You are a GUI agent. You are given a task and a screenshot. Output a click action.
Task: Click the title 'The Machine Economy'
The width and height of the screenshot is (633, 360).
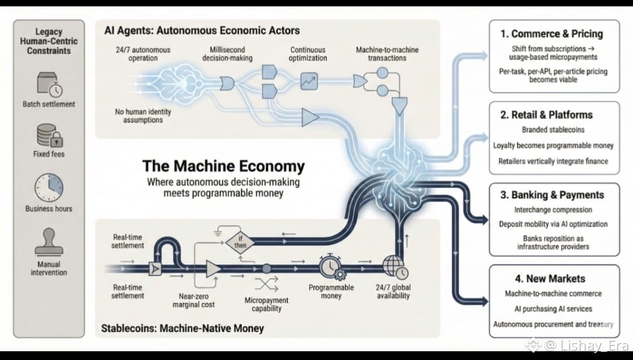223,166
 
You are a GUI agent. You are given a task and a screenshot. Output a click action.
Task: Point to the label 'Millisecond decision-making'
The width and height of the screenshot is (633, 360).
227,54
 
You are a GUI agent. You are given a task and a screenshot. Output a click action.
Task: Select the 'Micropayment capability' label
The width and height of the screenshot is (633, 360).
267,304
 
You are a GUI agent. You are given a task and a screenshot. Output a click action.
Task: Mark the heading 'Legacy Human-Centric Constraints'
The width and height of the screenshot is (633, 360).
49,41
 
